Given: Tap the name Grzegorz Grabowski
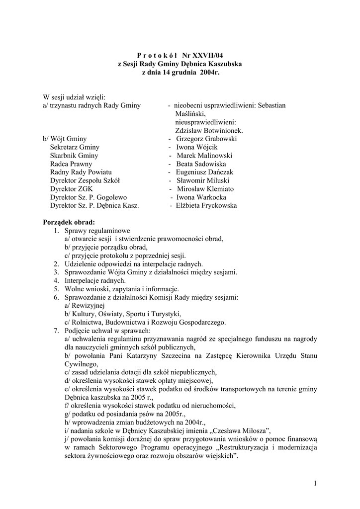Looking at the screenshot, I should [x=206, y=139].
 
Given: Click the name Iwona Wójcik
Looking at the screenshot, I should [x=197, y=147].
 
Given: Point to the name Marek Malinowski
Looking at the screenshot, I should [x=204, y=156].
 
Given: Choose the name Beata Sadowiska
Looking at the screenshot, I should [x=201, y=164].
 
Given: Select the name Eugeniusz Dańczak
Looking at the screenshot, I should [x=204, y=172].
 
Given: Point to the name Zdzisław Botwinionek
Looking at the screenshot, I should [x=209, y=130].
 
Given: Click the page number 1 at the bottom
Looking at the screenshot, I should [x=315, y=483].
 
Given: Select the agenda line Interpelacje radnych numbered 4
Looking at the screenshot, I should [x=94, y=281].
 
